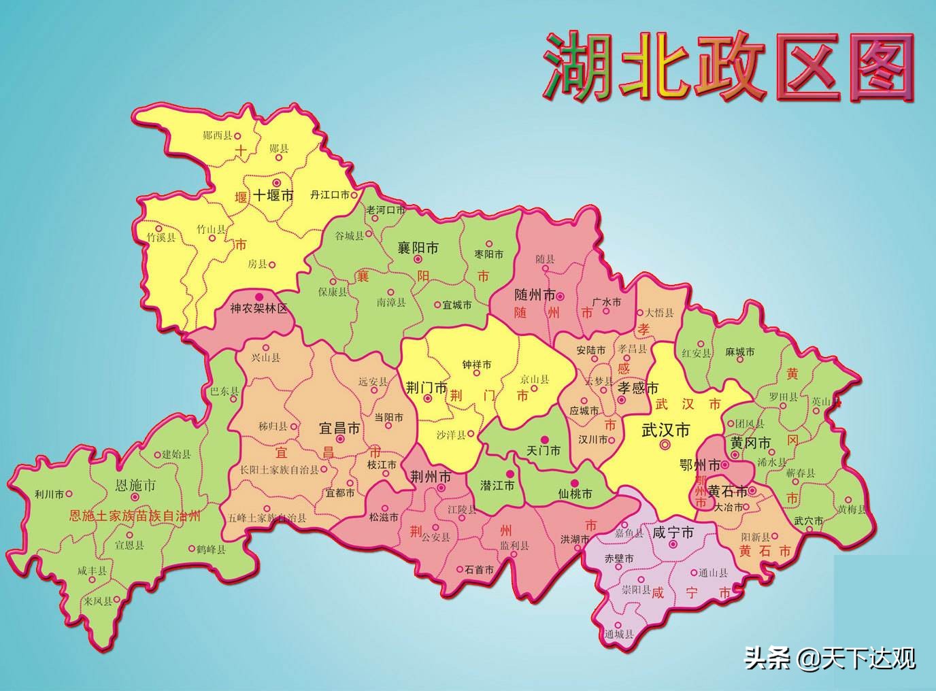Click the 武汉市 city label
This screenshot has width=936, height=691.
[666, 429]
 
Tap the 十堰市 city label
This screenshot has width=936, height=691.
[273, 196]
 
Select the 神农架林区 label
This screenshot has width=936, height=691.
[258, 308]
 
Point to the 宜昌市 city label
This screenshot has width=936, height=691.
[339, 428]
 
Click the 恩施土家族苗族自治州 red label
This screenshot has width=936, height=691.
[135, 516]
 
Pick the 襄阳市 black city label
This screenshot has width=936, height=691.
[418, 248]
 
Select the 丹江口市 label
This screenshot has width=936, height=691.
[329, 195]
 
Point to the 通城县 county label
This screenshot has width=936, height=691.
[618, 634]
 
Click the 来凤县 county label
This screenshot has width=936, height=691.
[98, 601]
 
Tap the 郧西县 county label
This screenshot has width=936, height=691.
[218, 135]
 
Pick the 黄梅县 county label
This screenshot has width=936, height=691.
[852, 509]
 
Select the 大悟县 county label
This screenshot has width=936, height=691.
[658, 313]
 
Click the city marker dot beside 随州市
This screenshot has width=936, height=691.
[561, 296]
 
